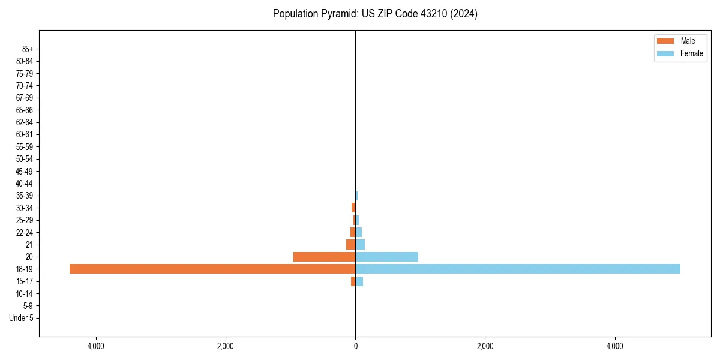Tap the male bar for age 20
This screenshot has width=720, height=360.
click(x=324, y=257)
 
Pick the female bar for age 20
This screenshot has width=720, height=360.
click(x=386, y=257)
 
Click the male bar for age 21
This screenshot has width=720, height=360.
click(x=350, y=245)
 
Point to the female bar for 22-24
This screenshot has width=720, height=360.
click(x=359, y=232)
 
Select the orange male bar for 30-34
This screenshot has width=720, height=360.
click(x=353, y=208)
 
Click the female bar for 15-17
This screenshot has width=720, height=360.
click(x=359, y=281)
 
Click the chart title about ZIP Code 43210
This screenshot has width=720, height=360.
click(x=375, y=14)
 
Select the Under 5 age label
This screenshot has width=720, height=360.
click(x=21, y=318)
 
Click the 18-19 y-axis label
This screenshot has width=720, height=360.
click(x=25, y=269)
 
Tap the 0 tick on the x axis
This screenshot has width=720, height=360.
click(x=355, y=346)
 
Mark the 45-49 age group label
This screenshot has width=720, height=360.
click(x=25, y=171)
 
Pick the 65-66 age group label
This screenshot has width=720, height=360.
click(x=25, y=110)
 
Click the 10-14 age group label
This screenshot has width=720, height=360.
click(x=25, y=293)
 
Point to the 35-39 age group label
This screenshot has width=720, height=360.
click(x=25, y=196)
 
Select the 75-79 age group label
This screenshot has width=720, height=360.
click(x=25, y=73)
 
